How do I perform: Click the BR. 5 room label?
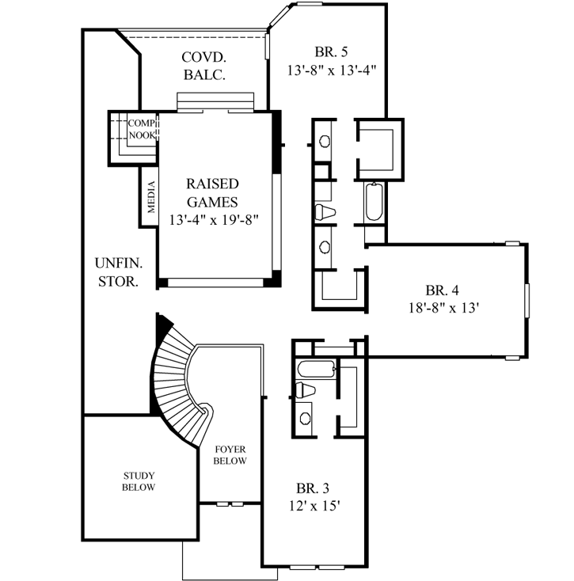coord(332,53)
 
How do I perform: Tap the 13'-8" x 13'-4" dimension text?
coord(332,70)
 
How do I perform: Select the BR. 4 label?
coord(442,289)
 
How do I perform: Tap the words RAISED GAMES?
coord(211,192)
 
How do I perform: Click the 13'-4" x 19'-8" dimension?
coord(214,219)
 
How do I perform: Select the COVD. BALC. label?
coord(204,66)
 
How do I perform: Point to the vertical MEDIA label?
coord(150,198)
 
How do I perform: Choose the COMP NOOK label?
coord(141,129)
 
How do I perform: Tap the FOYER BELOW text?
coord(230,455)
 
